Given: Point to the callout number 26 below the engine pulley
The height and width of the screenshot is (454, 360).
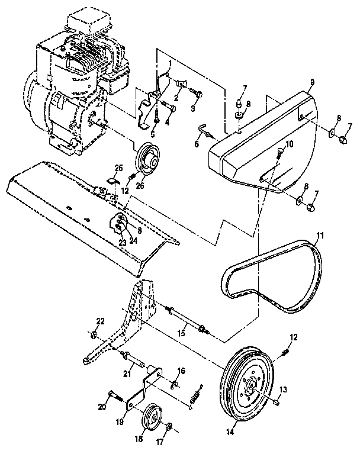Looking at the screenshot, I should tap(140, 184).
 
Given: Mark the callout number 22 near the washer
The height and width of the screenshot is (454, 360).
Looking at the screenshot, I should tap(100, 321).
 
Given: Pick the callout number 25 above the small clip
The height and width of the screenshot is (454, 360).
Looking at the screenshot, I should tap(118, 168).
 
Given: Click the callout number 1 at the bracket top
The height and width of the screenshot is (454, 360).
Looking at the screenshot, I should tap(169, 63).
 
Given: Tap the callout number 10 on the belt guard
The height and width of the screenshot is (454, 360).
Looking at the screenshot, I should tap(289, 144).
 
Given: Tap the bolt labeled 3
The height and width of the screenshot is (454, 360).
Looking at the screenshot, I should tap(197, 94).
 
